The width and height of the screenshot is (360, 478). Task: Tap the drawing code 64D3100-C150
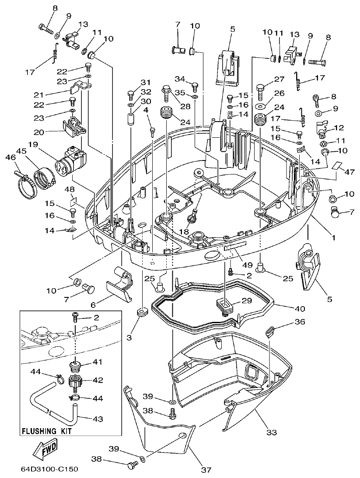point(49,470)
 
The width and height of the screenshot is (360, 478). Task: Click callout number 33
point(273,433)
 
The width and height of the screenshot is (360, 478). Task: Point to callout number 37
point(206,470)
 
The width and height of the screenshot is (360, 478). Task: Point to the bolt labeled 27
point(259,91)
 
